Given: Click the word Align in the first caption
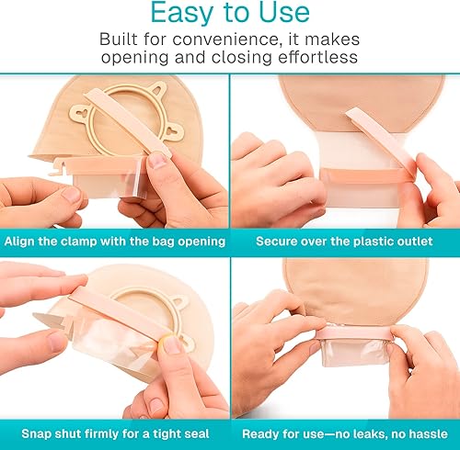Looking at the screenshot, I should pos(23,241).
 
